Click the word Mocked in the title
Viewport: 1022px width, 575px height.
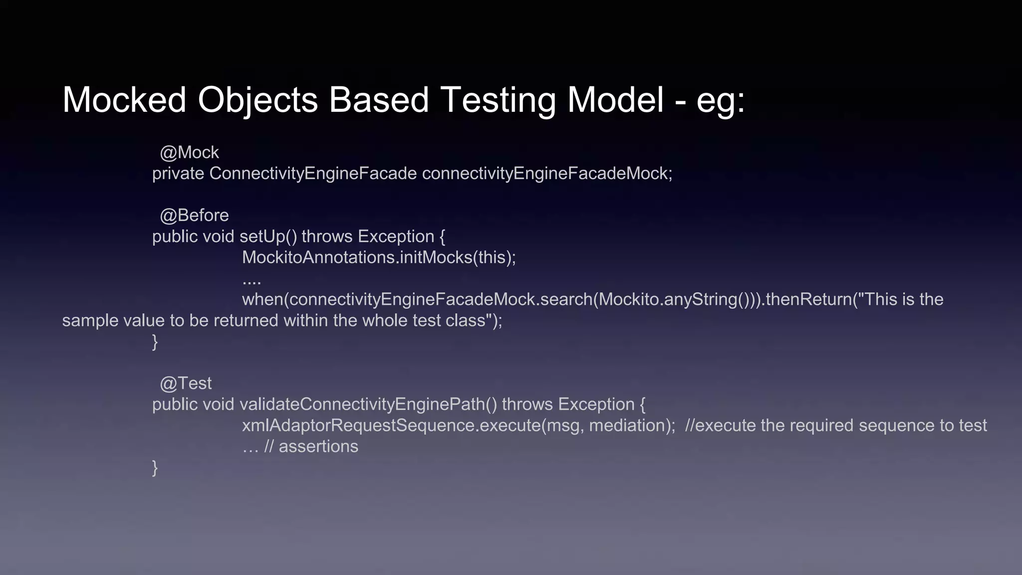pos(124,100)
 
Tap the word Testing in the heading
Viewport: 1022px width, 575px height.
pos(498,100)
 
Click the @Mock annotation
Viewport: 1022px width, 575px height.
pos(189,152)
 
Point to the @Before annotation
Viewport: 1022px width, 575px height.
pos(194,215)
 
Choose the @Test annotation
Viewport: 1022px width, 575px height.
pos(186,383)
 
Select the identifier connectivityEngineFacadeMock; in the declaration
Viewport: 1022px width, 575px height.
pos(547,174)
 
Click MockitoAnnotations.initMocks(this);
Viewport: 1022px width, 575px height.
pos(379,258)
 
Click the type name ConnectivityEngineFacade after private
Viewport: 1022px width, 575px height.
pos(313,174)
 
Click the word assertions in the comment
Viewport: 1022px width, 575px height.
pos(318,446)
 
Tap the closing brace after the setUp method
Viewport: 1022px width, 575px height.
pos(155,342)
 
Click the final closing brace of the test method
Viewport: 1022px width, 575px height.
pos(155,468)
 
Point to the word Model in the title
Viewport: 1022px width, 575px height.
pos(615,100)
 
